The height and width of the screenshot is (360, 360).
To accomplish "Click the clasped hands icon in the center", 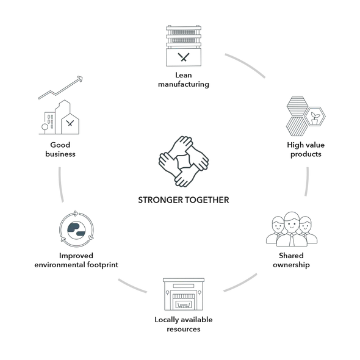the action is pos(184,162).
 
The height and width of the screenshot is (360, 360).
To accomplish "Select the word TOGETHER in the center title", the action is pos(207,200).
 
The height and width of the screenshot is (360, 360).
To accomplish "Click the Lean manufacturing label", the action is pos(184,80).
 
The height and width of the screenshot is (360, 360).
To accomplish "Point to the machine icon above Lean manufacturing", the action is pos(184,46).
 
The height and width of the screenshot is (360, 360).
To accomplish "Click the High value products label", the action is pos(306,149).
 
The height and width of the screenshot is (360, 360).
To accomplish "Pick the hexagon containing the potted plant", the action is pos(315,117).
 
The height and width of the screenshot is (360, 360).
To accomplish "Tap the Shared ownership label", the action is pos(291,260).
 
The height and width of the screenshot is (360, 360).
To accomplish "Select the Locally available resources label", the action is pos(184,324).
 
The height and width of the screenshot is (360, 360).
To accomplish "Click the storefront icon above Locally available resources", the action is pos(184,294).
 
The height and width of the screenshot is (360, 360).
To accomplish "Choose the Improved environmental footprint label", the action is pos(76,260).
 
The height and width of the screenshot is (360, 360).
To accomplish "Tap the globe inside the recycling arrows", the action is pos(76,229).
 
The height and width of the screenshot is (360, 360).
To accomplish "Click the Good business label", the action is pos(60,149).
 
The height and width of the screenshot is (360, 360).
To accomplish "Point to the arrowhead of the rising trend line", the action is pos(80,79).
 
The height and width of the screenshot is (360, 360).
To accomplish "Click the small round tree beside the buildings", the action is pos(45,127).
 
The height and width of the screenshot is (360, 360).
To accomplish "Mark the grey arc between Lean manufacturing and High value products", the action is pos(246,64).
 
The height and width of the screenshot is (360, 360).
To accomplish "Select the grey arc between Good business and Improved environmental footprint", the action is pos(60,185).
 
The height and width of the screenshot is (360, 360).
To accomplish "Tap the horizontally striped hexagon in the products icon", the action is pos(297,106).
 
